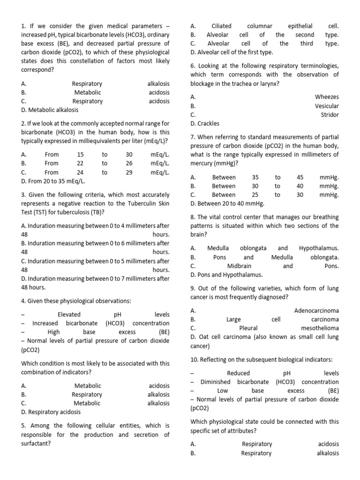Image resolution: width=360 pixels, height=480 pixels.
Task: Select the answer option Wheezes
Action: pos(327,97)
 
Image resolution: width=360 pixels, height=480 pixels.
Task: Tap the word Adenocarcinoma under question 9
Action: pos(316,310)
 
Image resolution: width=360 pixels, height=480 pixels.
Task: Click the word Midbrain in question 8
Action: pos(239,266)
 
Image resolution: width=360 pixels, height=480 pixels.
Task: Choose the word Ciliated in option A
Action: pos(222,26)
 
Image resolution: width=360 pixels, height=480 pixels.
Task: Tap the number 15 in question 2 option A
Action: pos(81,154)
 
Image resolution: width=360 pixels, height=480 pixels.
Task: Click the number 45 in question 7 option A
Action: pos(300,177)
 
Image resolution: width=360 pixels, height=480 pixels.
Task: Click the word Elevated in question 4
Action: pos(69,315)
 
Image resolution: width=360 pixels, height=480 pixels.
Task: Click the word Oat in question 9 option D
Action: pos(202,337)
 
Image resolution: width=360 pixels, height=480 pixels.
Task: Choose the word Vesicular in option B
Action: pos(327,105)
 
